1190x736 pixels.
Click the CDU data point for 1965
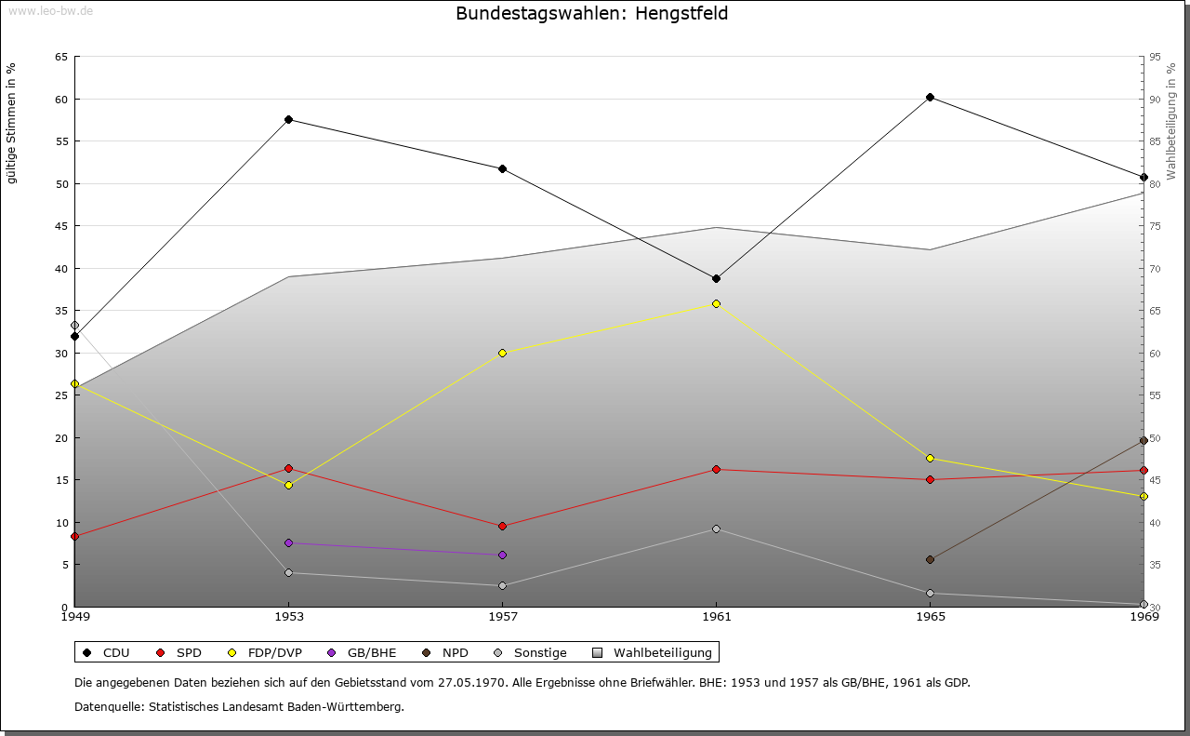point(930,98)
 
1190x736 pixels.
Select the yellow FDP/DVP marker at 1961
point(716,303)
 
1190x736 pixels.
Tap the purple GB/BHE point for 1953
point(288,542)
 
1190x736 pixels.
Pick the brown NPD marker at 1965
point(930,559)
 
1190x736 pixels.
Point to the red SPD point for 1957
point(502,526)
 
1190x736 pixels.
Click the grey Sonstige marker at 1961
point(716,529)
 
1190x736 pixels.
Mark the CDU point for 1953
point(288,119)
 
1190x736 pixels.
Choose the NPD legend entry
point(455,652)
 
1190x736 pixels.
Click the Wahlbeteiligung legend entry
point(662,652)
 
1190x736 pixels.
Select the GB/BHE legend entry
point(369,652)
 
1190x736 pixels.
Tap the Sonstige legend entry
point(539,652)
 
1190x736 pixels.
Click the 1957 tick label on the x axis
point(502,616)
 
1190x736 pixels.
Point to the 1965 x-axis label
point(930,616)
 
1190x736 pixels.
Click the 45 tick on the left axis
point(60,226)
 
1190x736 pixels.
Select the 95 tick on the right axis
point(1155,57)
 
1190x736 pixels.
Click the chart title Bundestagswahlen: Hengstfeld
point(592,14)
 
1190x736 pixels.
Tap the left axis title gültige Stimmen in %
point(12,123)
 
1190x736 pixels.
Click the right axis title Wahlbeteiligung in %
point(1171,122)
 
